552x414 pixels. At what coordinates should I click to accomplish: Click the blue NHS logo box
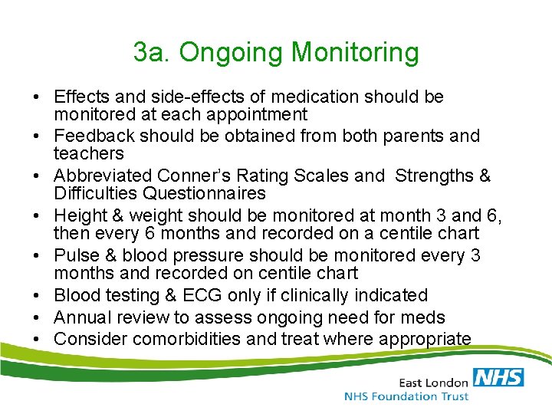coord(498,376)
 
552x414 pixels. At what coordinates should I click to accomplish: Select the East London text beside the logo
coord(433,381)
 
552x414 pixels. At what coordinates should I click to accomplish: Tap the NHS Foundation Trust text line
coord(406,396)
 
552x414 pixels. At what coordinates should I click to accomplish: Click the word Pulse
coord(74,255)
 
